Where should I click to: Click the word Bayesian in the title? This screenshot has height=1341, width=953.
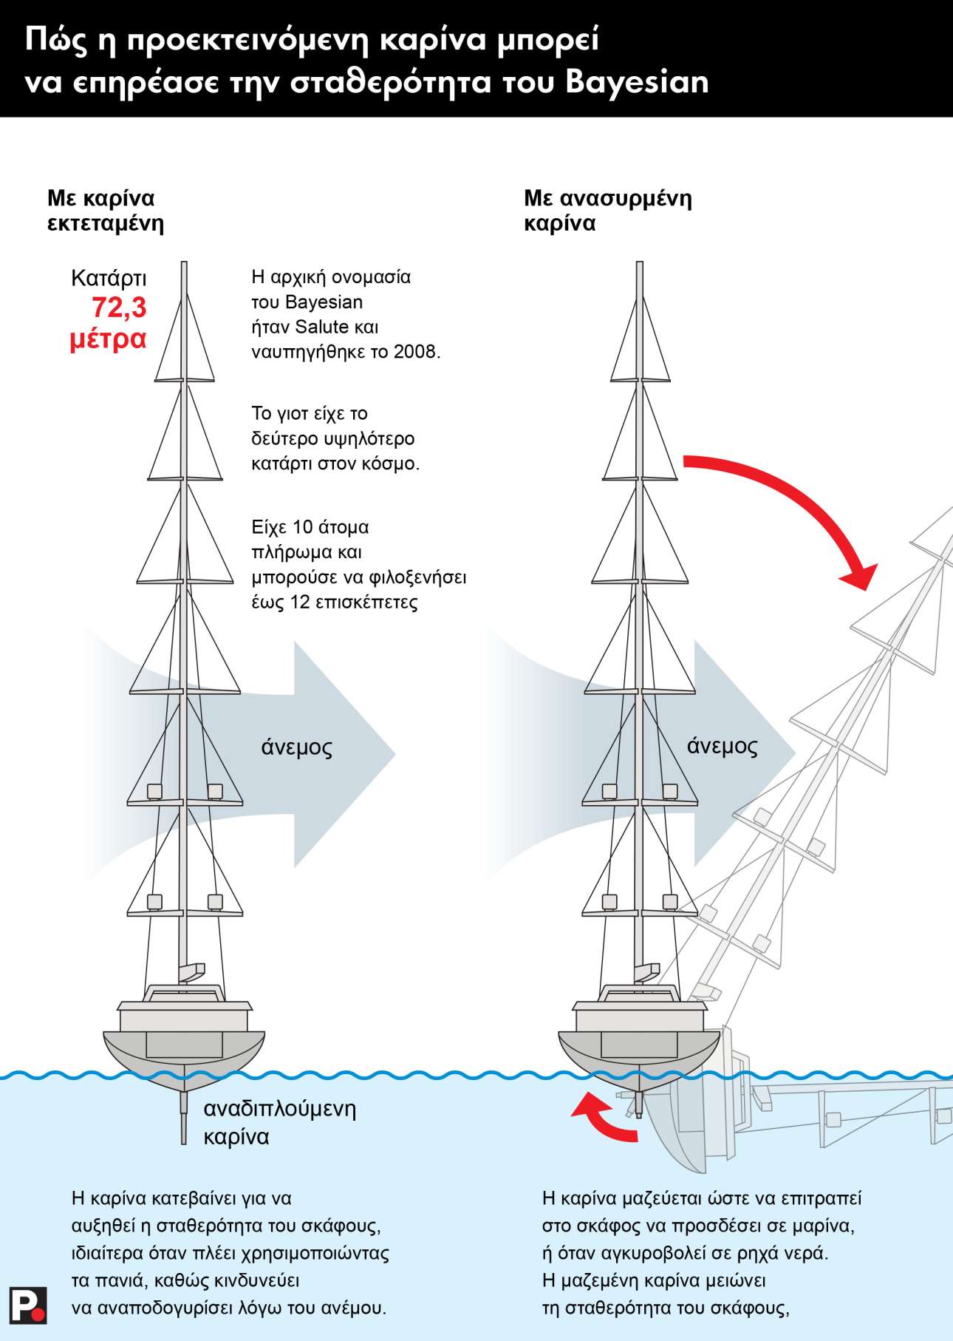pos(637,81)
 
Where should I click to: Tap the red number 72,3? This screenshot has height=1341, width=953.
pos(119,308)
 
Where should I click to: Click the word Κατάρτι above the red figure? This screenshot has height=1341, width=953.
pos(109,278)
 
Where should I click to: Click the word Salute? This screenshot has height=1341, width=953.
pos(321,327)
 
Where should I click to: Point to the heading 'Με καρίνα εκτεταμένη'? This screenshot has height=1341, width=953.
pos(105,211)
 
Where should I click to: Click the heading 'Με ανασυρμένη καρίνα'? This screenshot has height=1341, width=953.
pos(607,211)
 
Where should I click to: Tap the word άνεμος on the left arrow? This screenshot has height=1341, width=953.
pos(296,747)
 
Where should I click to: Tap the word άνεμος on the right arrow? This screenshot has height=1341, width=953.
pos(722,745)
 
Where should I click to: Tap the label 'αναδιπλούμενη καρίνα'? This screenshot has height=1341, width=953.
pos(279,1122)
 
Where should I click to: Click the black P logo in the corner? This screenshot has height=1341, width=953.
pos(28,1306)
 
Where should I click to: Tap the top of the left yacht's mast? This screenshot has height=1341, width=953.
pos(184,266)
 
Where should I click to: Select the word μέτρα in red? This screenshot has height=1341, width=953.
pos(108,339)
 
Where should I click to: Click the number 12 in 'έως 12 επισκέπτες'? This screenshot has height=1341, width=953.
pos(299,602)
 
